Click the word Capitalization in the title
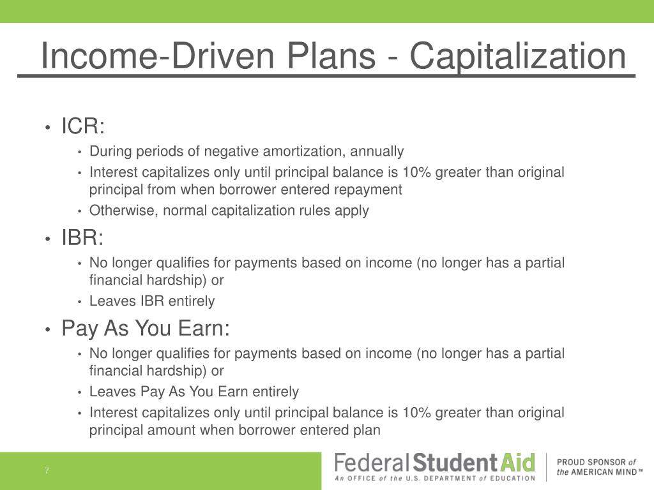tap(518, 56)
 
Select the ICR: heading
tap(82, 126)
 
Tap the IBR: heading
tap(82, 237)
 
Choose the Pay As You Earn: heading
tap(146, 329)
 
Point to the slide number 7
tap(47, 471)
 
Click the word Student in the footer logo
tap(455, 463)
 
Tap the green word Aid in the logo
tap(517, 463)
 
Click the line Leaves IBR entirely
tap(152, 301)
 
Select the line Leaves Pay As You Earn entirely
tap(194, 392)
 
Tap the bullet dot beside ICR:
tap(48, 127)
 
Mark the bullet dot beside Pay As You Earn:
tap(48, 330)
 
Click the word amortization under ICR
tap(304, 151)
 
